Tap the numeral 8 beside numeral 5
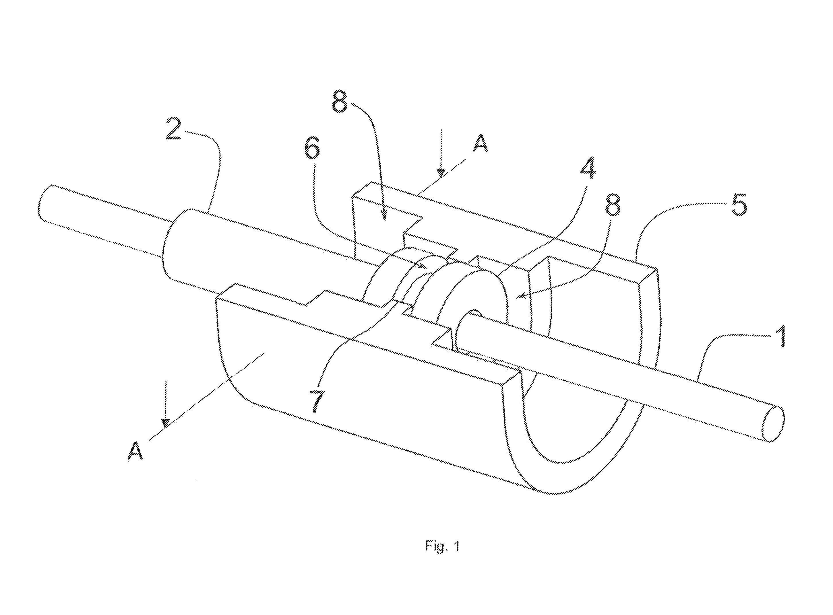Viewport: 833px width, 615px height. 613,205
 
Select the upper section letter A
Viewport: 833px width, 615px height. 481,143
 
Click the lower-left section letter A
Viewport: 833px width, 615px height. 135,451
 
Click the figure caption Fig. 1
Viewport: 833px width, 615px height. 442,546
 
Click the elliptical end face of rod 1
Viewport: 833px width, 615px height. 774,425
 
